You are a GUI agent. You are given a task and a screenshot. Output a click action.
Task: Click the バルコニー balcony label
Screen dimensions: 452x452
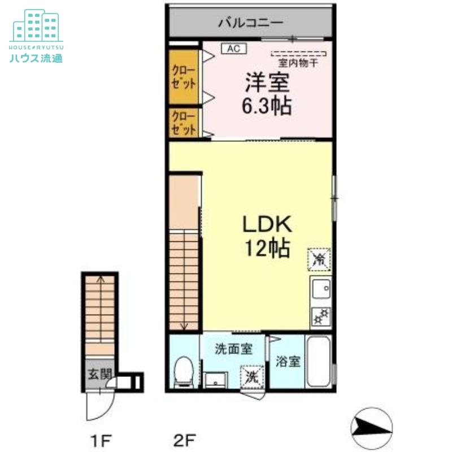(x=250, y=23)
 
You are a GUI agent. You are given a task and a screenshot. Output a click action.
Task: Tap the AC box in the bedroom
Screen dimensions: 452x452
(x=234, y=49)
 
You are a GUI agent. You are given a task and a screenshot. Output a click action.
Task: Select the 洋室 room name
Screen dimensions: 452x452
(x=267, y=84)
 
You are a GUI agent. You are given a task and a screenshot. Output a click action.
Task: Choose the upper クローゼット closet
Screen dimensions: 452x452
(x=184, y=77)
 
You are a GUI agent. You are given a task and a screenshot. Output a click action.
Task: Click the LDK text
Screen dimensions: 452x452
(x=267, y=225)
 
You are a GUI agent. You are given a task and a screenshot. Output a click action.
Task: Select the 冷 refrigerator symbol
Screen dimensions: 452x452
(x=320, y=259)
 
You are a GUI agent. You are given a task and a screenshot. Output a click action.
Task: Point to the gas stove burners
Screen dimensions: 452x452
(x=320, y=316)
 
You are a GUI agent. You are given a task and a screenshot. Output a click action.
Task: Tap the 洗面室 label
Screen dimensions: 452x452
(x=233, y=349)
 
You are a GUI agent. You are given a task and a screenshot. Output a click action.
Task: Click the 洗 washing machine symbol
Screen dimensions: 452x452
(x=252, y=376)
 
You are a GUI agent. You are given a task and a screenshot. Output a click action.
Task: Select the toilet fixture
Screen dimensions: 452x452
(x=183, y=372)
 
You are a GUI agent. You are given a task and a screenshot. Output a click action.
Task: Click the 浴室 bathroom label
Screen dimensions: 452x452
(x=288, y=362)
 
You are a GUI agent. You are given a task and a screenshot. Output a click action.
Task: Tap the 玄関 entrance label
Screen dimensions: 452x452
(x=100, y=374)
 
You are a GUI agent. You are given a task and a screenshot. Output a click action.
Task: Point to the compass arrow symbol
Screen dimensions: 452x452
(x=371, y=425)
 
